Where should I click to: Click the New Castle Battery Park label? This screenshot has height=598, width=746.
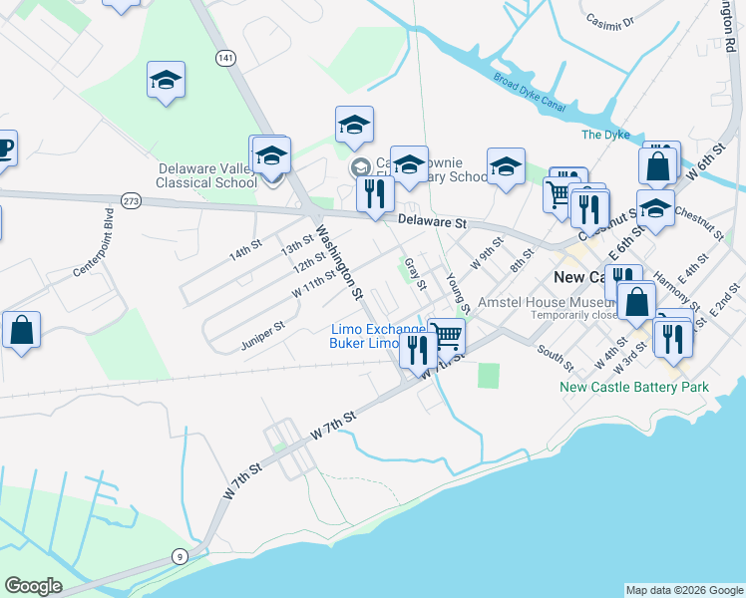click(634, 387)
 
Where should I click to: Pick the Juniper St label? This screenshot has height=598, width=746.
click(262, 336)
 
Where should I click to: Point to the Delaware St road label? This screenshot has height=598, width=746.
click(432, 222)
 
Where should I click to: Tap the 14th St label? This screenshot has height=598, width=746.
click(244, 248)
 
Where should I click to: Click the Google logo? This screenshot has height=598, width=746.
click(33, 586)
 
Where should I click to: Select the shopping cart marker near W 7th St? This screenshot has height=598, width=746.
click(447, 336)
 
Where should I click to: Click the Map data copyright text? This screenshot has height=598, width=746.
click(684, 590)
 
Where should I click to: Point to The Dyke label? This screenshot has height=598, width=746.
click(605, 135)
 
